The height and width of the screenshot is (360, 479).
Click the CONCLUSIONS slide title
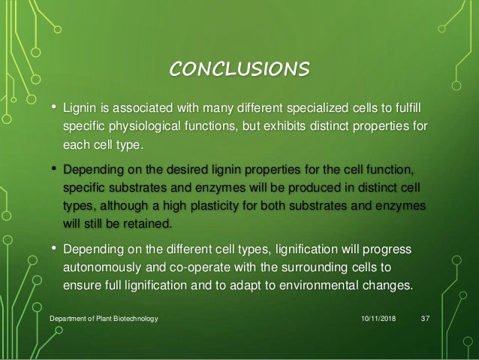(239, 70)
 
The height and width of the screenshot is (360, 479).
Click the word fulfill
(432, 109)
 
